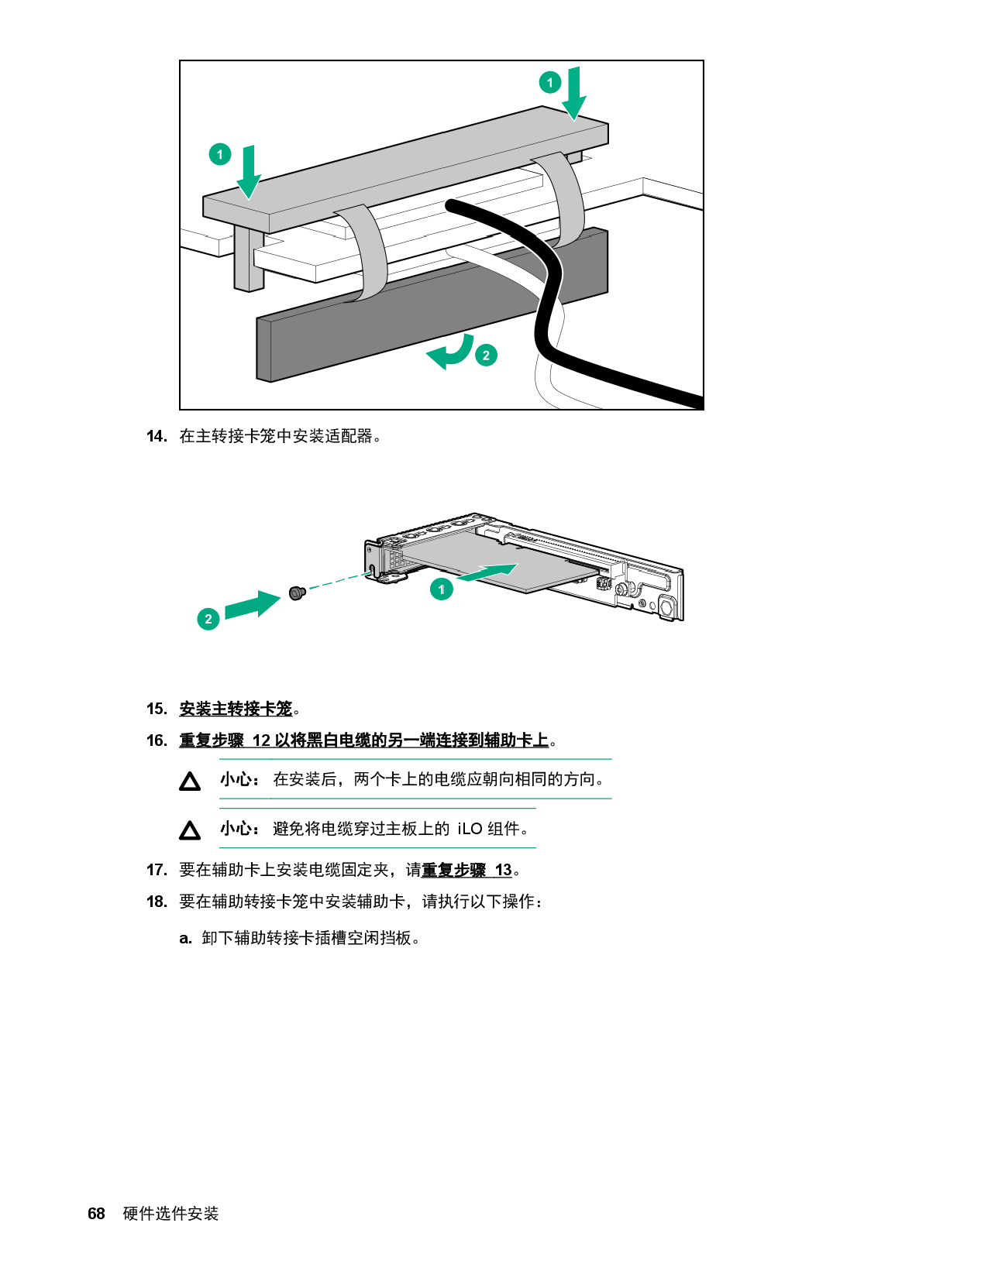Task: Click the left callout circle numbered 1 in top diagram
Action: (220, 154)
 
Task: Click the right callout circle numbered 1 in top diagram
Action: (550, 82)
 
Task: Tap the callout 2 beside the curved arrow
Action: (486, 355)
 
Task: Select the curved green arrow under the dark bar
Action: (452, 352)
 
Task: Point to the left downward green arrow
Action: (249, 172)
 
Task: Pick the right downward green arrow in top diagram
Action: (574, 94)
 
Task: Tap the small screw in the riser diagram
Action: (296, 593)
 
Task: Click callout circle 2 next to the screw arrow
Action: (208, 619)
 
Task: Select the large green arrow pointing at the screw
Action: (253, 605)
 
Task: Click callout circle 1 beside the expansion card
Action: (442, 589)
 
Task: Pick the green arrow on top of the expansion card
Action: (487, 572)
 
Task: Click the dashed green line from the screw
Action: (337, 582)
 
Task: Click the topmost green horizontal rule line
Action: (415, 759)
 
